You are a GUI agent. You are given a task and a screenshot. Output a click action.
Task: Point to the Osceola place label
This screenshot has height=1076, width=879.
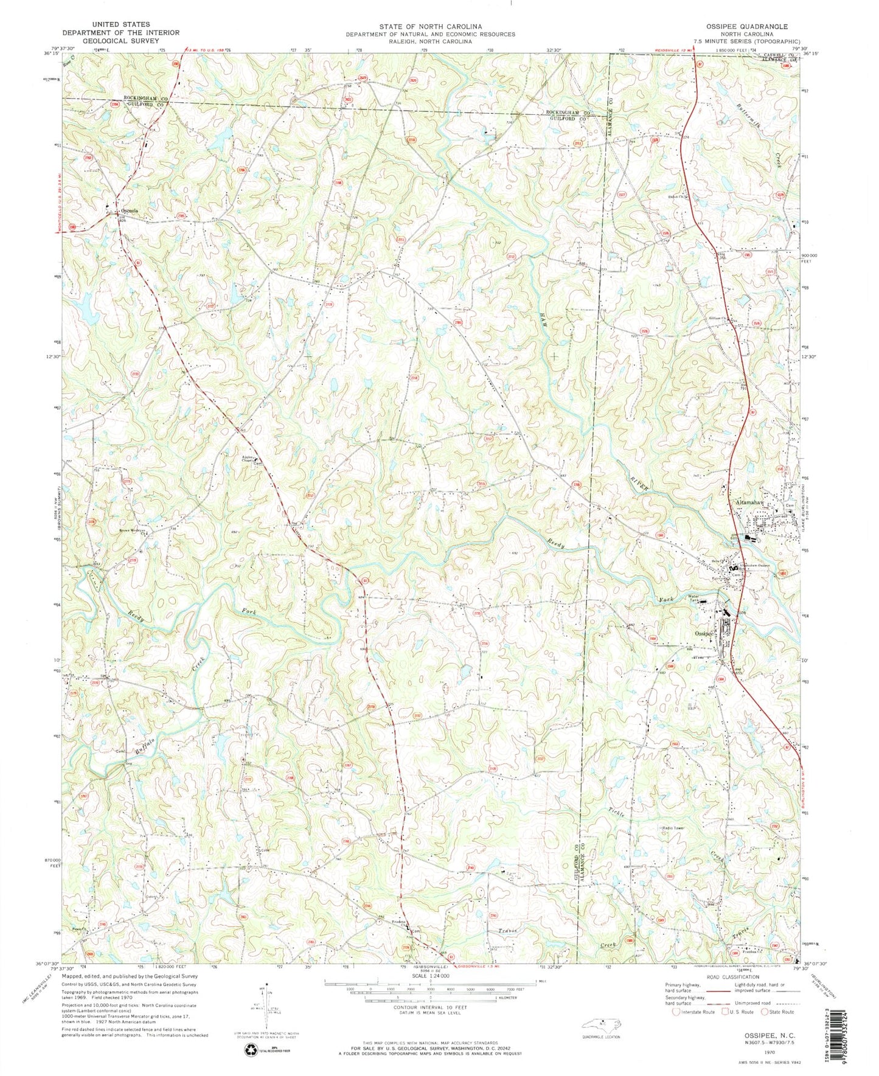tap(129, 211)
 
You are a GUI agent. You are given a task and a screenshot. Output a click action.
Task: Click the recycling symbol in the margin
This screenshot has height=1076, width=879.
tap(251, 1049)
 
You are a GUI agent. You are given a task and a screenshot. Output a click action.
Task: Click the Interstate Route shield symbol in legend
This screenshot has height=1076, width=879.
tap(675, 1012)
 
